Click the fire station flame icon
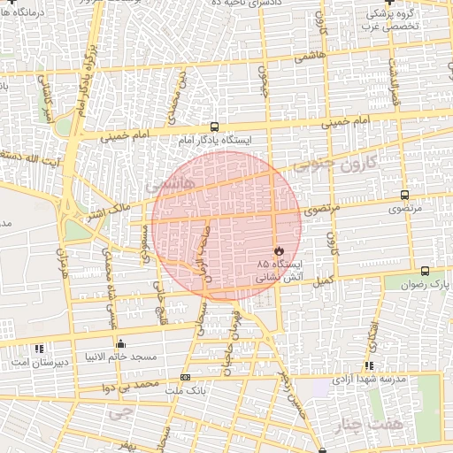(x=280, y=251)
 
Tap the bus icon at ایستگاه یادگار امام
(x=215, y=127)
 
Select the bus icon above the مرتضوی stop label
(x=404, y=195)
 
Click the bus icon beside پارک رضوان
(x=426, y=272)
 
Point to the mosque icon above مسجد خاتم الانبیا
(x=120, y=343)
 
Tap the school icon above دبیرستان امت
(x=39, y=348)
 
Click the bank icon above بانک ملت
(x=185, y=378)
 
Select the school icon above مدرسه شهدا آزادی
(x=369, y=365)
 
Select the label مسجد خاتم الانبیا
(x=121, y=357)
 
